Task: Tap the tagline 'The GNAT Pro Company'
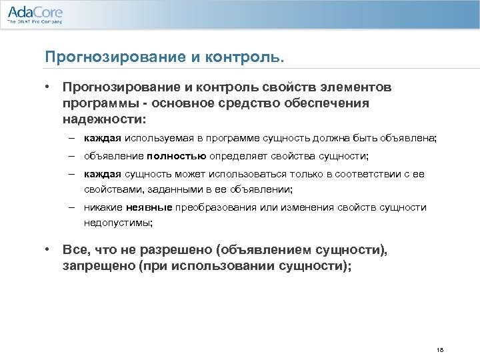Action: tap(35, 22)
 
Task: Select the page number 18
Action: tap(439, 350)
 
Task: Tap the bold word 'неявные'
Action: tap(145, 207)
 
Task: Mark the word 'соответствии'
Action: tap(363, 174)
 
